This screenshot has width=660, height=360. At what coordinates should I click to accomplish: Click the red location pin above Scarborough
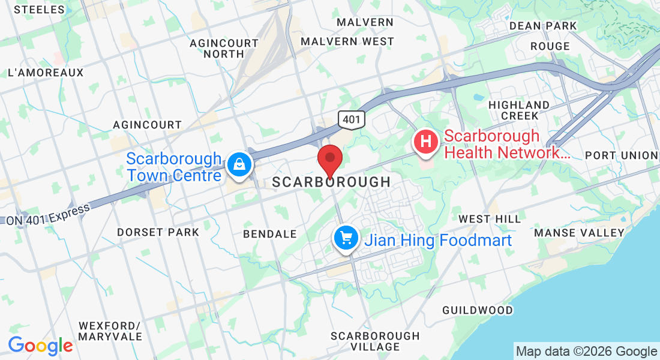coord(330,159)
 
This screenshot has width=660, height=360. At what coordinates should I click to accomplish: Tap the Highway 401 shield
coord(350,119)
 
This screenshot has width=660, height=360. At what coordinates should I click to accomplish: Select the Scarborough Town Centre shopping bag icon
coord(239,164)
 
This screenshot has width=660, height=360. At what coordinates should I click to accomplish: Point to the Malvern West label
coord(347,41)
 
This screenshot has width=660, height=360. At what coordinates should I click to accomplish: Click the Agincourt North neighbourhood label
coord(224,49)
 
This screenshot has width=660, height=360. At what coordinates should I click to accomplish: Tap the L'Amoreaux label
coord(46,73)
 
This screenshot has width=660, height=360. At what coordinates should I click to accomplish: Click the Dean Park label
coord(542,26)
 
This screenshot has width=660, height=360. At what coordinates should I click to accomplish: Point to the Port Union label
coord(622,155)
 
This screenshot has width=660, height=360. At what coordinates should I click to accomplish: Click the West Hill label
coord(490,219)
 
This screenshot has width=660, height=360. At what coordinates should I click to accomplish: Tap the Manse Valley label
coord(579,233)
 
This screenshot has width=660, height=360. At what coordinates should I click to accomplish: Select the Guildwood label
coord(478,310)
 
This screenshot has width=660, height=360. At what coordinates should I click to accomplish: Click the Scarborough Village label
coord(375,341)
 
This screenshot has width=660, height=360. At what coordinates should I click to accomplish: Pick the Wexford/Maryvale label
coord(109,331)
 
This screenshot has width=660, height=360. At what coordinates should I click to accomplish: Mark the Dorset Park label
coord(158,232)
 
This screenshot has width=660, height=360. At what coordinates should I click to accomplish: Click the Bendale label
coord(269,233)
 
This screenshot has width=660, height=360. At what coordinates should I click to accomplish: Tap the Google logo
coord(40,346)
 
